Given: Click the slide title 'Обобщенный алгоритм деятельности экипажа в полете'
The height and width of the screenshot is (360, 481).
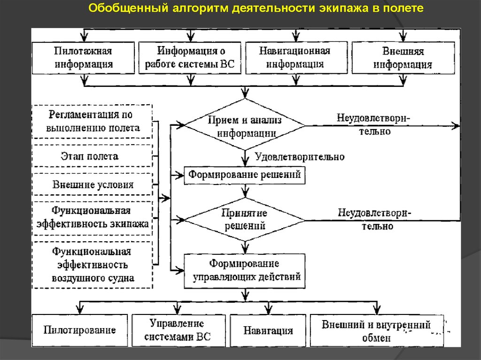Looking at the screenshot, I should click(x=256, y=8).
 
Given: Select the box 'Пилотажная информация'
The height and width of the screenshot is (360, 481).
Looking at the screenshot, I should click(x=84, y=58).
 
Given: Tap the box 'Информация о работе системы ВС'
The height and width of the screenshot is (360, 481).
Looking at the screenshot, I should click(x=190, y=58).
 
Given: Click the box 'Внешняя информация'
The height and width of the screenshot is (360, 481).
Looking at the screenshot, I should click(x=403, y=58).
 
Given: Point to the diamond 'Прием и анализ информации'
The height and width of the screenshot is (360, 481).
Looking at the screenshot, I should click(x=244, y=126).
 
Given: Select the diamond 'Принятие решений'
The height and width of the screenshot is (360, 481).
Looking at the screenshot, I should click(x=244, y=219).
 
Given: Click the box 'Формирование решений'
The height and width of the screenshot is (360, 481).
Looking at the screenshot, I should click(x=244, y=176).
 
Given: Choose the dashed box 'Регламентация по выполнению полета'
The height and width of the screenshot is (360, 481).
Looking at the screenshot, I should click(x=92, y=121).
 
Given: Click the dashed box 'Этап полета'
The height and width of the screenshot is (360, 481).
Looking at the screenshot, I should click(x=92, y=156).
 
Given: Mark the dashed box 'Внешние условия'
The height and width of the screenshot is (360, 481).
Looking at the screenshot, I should click(x=92, y=184).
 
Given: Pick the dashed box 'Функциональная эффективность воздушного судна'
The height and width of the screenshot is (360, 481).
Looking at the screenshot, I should click(x=92, y=265).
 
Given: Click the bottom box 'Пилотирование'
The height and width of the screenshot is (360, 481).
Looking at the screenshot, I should click(x=80, y=330).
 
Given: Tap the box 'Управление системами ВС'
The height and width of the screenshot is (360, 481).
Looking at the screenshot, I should click(x=177, y=330).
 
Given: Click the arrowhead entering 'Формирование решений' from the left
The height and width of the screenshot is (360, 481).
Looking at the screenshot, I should click(x=180, y=175).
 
